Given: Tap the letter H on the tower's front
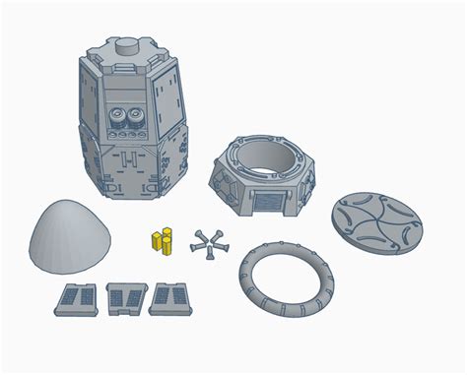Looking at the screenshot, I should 130,158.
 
